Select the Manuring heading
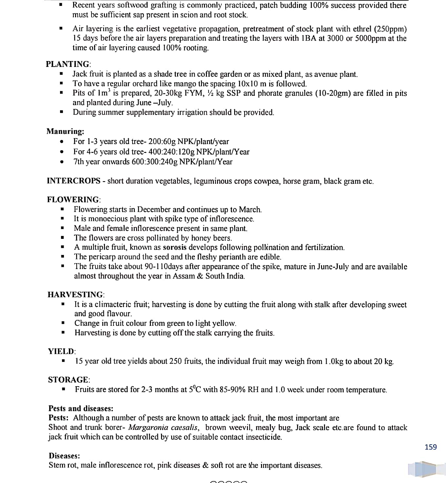coord(65,131)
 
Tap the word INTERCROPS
coord(74,181)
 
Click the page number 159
coord(431,447)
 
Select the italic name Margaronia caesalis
coord(163,428)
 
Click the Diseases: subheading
coord(64,456)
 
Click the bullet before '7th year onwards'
coord(62,162)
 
